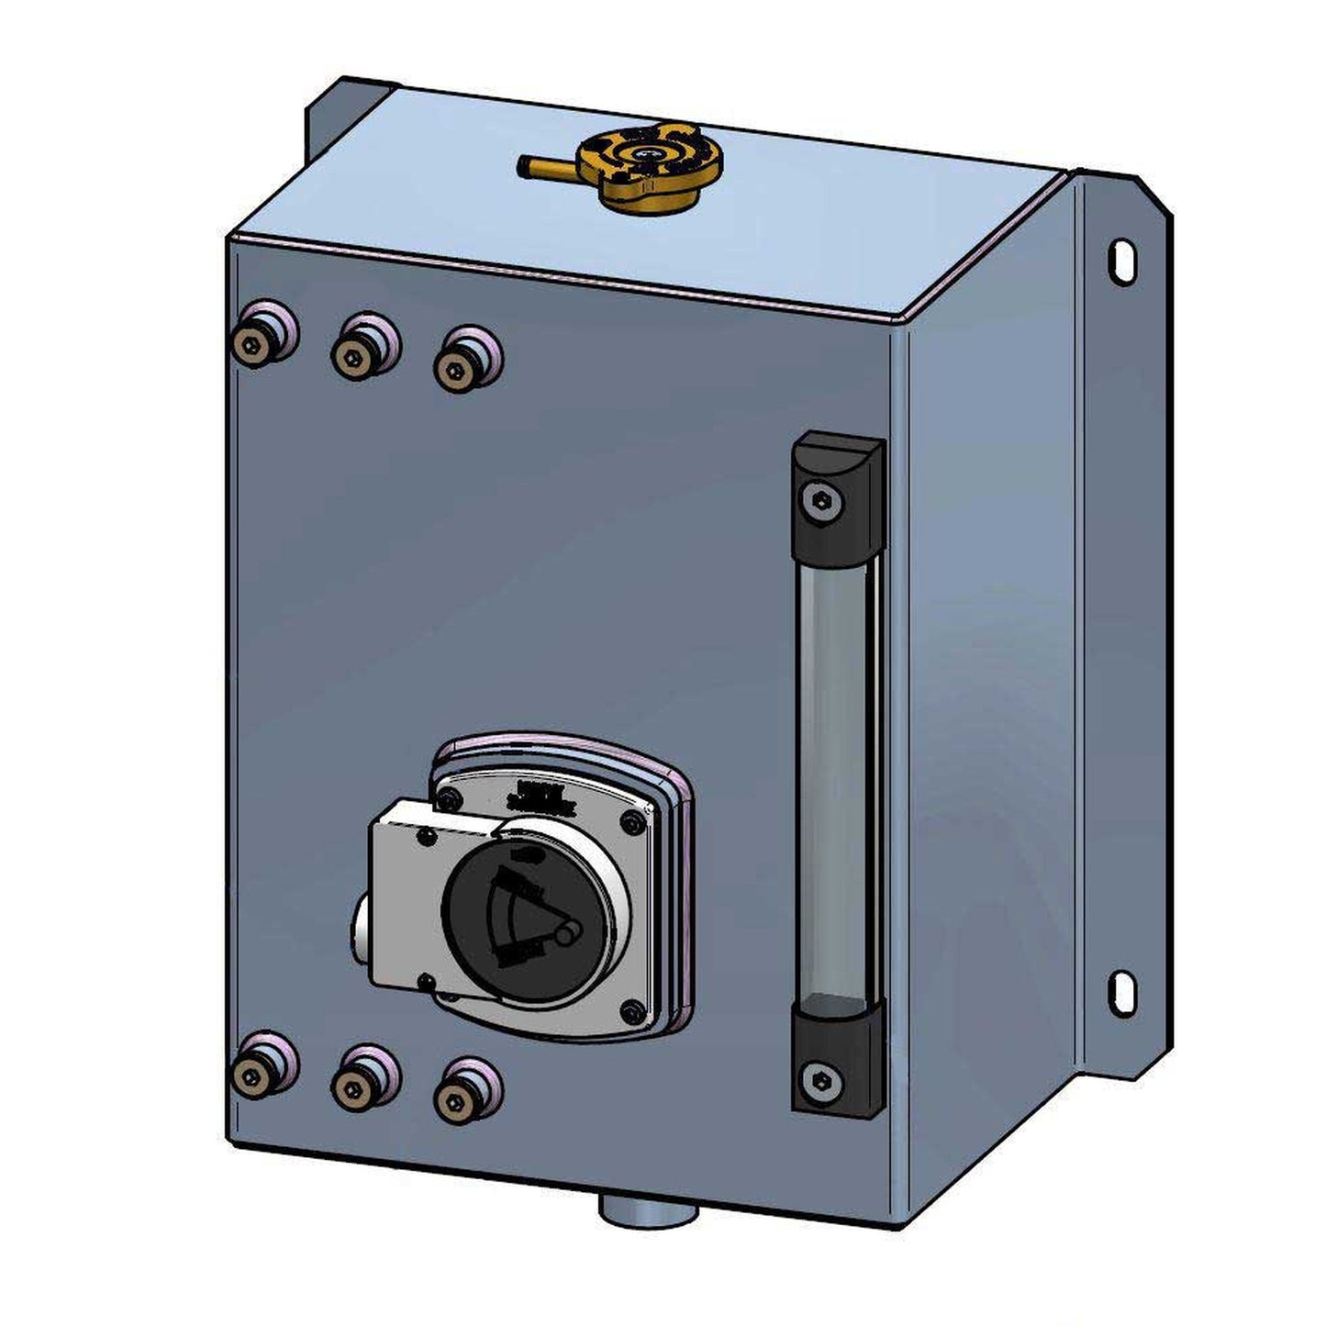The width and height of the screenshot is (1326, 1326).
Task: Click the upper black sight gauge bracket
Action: coord(836,499)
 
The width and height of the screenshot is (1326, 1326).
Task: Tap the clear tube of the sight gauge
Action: coord(836,780)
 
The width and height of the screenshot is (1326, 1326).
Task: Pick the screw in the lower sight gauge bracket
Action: coord(819,1079)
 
